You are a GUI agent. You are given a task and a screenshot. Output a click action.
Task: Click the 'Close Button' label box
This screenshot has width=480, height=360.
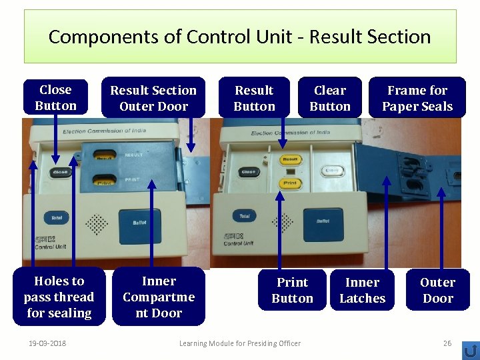55,98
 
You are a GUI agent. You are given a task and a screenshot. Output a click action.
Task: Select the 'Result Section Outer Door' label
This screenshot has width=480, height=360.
153,98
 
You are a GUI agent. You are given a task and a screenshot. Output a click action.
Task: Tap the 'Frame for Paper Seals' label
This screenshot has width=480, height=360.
417,98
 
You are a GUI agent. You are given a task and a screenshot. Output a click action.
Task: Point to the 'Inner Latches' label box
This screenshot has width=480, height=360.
362,290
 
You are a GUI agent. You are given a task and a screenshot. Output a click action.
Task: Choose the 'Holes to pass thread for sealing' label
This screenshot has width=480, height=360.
59,297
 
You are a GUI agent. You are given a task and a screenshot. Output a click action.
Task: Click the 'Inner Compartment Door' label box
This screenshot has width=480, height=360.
159,297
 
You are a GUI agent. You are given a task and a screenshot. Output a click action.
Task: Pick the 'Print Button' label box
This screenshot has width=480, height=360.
292,290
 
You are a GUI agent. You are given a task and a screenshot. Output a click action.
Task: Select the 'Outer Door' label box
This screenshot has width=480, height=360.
437,290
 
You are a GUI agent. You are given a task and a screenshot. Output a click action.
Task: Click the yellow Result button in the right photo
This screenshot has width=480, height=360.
290,159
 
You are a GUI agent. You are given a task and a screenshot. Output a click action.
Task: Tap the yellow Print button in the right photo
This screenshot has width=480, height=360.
290,183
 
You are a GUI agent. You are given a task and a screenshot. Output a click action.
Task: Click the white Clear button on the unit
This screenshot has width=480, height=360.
331,171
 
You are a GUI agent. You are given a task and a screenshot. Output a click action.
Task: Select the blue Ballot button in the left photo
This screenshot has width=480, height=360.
139,222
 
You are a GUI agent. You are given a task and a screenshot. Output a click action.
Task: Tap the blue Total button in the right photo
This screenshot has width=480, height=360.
245,216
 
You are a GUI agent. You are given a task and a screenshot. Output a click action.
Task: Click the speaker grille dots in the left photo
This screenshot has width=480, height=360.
97,224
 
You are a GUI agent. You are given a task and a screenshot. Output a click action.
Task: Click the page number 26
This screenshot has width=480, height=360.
447,343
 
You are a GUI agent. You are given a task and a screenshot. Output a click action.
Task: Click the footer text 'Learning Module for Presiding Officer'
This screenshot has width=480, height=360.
240,343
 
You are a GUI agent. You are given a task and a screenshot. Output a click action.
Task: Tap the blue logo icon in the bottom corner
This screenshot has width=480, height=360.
470,349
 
